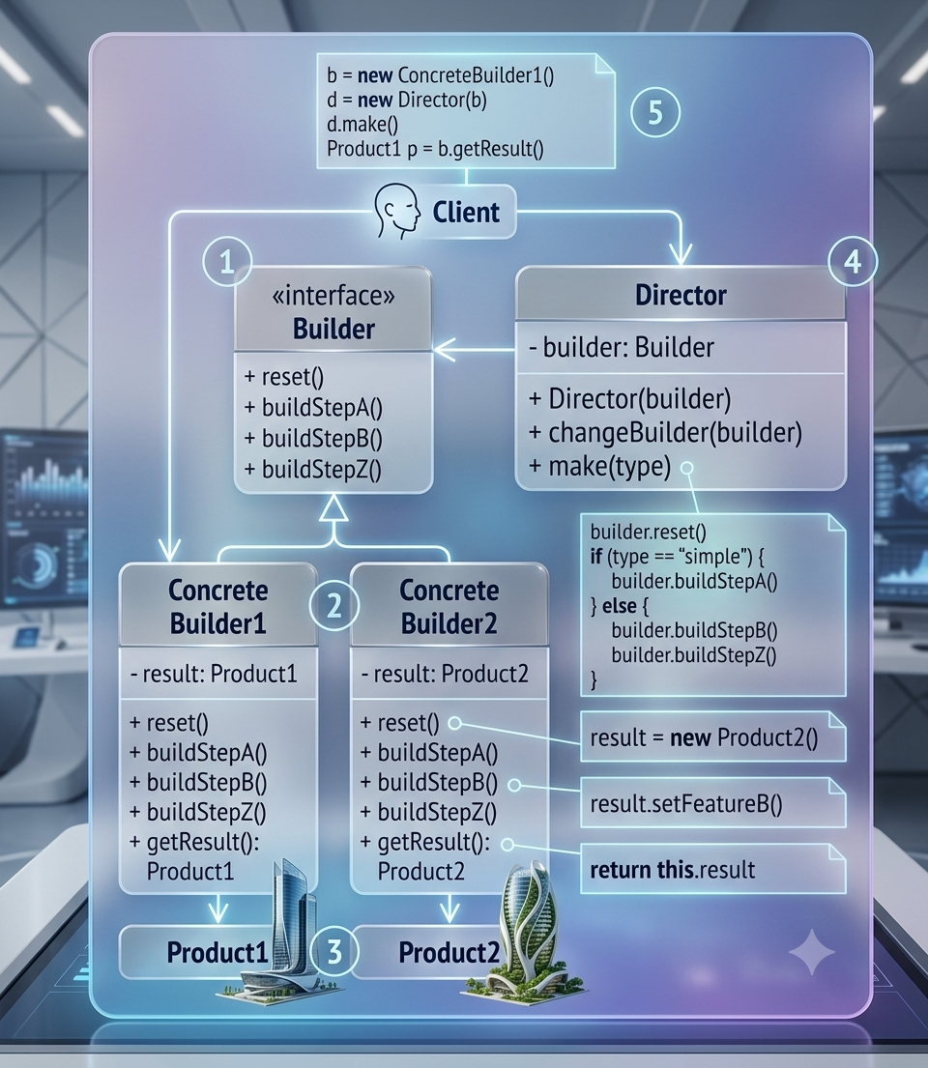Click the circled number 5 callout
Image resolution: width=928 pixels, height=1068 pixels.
pos(655,112)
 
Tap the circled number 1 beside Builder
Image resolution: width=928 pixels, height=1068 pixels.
pos(227,262)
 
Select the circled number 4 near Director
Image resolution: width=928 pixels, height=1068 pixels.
pos(853,262)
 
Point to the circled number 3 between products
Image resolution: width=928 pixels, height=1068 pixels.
pos(333,951)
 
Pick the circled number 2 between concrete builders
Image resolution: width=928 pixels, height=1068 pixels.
pos(333,605)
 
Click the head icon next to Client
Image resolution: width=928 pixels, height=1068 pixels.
pos(397,211)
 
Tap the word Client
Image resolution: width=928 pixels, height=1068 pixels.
pos(466,213)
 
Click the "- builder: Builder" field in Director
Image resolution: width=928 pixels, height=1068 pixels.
pos(622,347)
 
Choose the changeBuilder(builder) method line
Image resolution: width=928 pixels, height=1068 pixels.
pos(666,432)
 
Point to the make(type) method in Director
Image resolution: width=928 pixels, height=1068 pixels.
pos(599,467)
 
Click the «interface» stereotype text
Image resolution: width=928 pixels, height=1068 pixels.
pos(333,296)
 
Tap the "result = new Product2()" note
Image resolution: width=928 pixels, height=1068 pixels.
pos(712,737)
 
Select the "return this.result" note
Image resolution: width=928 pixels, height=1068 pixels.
pos(712,869)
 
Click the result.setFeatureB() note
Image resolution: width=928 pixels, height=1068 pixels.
pos(712,803)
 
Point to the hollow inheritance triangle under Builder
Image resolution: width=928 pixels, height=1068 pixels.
pos(333,508)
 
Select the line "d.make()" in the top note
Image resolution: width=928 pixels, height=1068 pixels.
pos(362,125)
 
